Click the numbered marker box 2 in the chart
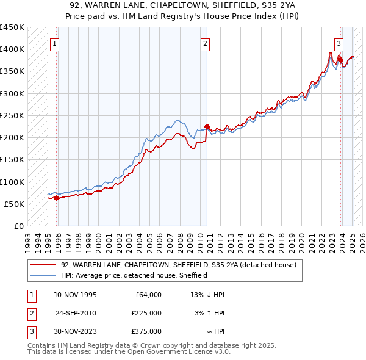(x=206, y=43)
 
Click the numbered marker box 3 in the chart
(x=339, y=43)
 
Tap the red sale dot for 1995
(x=56, y=198)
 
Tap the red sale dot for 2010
(x=206, y=126)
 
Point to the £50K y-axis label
(x=14, y=204)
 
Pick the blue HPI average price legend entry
(x=134, y=275)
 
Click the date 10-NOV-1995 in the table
(x=75, y=294)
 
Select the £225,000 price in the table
(x=146, y=312)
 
